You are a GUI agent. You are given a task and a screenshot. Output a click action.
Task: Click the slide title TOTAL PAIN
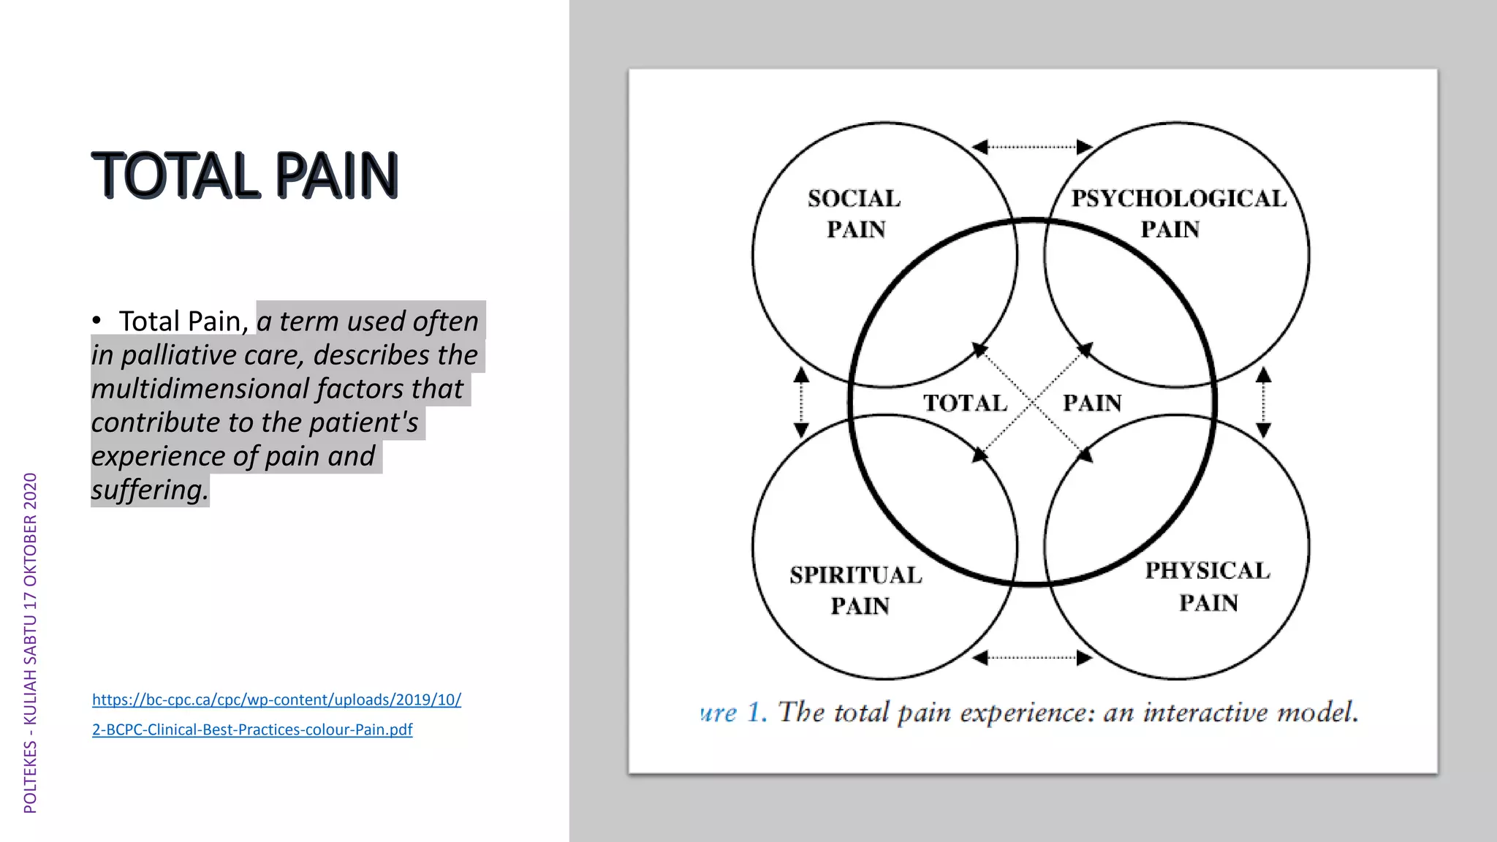click(245, 175)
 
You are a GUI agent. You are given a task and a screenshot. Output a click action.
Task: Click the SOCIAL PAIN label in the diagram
click(854, 213)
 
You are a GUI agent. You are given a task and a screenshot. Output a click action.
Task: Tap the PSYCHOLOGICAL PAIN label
click(1178, 213)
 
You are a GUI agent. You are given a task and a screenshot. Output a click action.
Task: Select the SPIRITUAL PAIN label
click(857, 591)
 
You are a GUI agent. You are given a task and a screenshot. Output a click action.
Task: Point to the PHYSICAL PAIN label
click(1208, 586)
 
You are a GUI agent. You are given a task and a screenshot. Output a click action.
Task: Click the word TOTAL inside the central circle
click(965, 403)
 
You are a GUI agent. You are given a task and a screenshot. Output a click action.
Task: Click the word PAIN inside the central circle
click(1092, 403)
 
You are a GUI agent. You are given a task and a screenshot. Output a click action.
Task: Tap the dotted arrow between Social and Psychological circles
click(1032, 147)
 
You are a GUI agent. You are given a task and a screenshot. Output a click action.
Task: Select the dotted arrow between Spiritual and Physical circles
click(1032, 658)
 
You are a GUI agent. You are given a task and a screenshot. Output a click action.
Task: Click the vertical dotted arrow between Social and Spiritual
click(801, 402)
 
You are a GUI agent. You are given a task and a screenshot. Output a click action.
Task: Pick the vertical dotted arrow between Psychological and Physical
click(1264, 402)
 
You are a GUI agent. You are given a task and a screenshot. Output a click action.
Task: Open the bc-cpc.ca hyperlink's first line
click(276, 699)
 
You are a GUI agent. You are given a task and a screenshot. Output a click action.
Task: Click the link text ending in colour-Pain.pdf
click(252, 729)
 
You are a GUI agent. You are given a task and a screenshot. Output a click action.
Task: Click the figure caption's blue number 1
click(756, 712)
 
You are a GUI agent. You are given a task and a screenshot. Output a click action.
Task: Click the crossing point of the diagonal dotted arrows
click(1032, 403)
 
